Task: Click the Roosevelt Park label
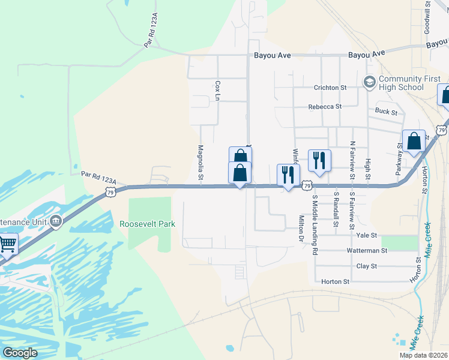147,224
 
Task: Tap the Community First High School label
402,83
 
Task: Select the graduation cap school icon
369,81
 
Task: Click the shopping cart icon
7,244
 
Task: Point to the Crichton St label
330,88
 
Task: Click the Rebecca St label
325,107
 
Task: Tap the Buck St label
386,112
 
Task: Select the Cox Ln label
218,91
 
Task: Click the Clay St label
366,266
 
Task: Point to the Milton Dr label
301,229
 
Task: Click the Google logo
20,353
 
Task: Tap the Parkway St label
399,158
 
